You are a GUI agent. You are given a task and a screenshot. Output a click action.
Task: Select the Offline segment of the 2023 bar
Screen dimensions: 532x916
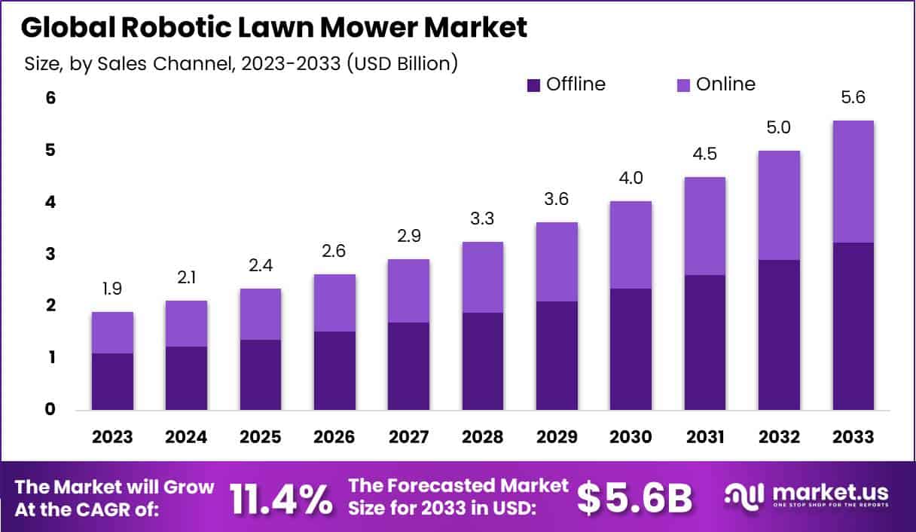click(x=112, y=381)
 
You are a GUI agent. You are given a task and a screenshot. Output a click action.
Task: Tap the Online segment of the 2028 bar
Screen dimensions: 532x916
click(x=483, y=277)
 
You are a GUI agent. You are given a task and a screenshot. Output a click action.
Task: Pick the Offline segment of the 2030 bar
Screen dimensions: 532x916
click(x=631, y=349)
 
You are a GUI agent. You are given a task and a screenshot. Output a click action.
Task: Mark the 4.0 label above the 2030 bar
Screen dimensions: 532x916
click(x=631, y=179)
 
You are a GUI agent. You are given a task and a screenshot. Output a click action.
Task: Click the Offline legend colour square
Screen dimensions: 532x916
click(x=534, y=85)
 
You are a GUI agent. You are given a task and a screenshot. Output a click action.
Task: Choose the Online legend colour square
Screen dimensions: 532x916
click(x=683, y=85)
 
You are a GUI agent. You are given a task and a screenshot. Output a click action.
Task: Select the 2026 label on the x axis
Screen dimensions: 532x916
click(x=334, y=437)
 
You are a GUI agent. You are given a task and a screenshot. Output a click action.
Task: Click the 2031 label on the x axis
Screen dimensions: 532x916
click(x=705, y=437)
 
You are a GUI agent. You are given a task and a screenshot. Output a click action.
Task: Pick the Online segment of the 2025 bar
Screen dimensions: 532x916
click(x=261, y=314)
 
